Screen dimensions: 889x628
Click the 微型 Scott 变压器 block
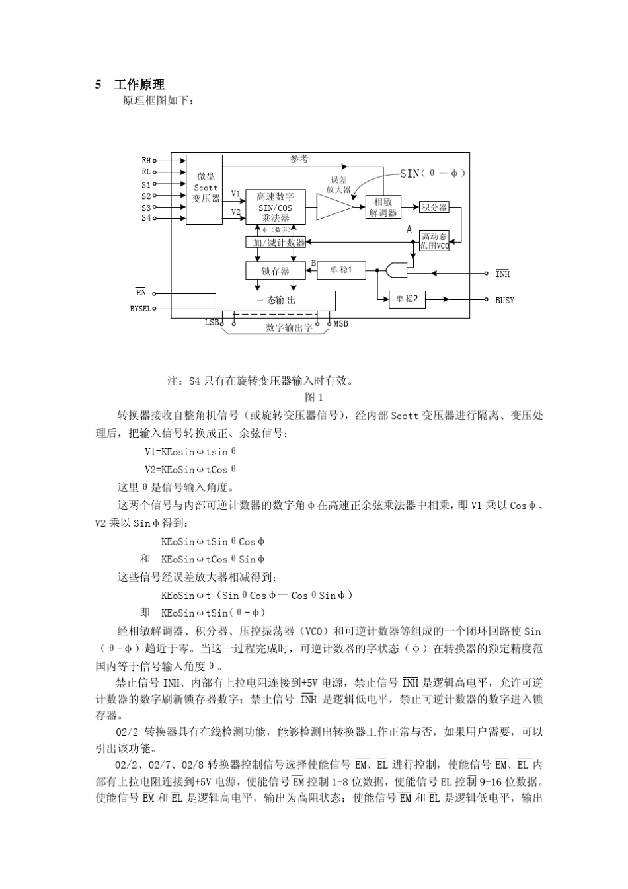tap(205, 189)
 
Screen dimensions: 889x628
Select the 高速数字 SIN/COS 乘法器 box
tap(275, 207)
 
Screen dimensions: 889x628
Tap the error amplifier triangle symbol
tap(334, 207)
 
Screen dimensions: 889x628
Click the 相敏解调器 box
tap(383, 207)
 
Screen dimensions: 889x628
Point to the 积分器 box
tap(434, 208)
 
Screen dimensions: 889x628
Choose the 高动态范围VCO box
tap(434, 241)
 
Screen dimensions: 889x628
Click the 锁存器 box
tap(276, 270)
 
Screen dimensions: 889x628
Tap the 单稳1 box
tap(341, 270)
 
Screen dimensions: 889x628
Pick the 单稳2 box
tap(407, 299)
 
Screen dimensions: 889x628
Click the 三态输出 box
tap(276, 301)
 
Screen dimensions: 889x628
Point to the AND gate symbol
tap(397, 270)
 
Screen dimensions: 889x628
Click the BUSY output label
tap(504, 300)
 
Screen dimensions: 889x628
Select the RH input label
tap(146, 160)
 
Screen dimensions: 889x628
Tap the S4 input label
tap(146, 218)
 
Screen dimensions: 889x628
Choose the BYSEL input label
tap(140, 309)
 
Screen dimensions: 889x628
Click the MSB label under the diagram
tap(340, 324)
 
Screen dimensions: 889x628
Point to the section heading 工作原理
tap(139, 85)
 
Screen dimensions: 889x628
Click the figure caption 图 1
tap(313, 397)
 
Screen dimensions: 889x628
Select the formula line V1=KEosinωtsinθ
tap(190, 452)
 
